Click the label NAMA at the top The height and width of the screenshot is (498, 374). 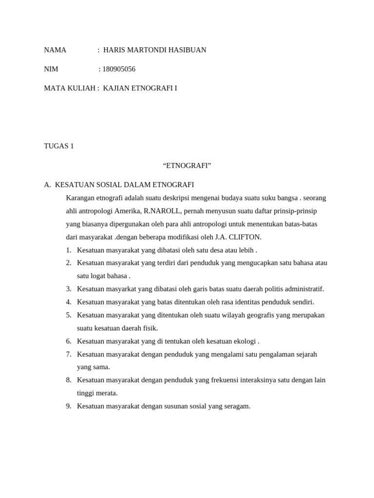(55, 50)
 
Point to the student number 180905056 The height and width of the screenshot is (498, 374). (119, 69)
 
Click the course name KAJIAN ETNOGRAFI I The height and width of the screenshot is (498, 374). (140, 89)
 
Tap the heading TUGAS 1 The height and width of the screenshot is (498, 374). (59, 146)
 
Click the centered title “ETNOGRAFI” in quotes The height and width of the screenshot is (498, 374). (187, 166)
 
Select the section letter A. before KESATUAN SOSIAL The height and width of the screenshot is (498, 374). (47, 185)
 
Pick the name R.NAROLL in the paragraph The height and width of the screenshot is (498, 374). (163, 211)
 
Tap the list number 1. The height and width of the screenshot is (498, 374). (69, 250)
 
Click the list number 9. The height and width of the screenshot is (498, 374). (69, 406)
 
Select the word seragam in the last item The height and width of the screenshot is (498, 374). (237, 406)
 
